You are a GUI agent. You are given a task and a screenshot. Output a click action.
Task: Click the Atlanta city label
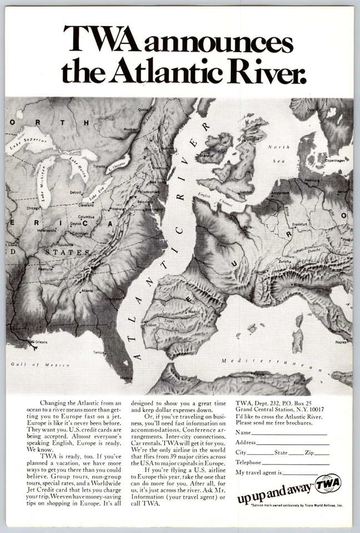(x=87, y=290)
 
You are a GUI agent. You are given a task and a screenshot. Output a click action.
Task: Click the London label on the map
(x=246, y=192)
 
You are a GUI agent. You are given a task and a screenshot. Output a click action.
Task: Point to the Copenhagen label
(x=335, y=159)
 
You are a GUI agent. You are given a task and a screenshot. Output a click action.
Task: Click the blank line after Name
(x=288, y=434)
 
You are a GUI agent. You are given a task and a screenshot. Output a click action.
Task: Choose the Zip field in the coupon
(x=322, y=454)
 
